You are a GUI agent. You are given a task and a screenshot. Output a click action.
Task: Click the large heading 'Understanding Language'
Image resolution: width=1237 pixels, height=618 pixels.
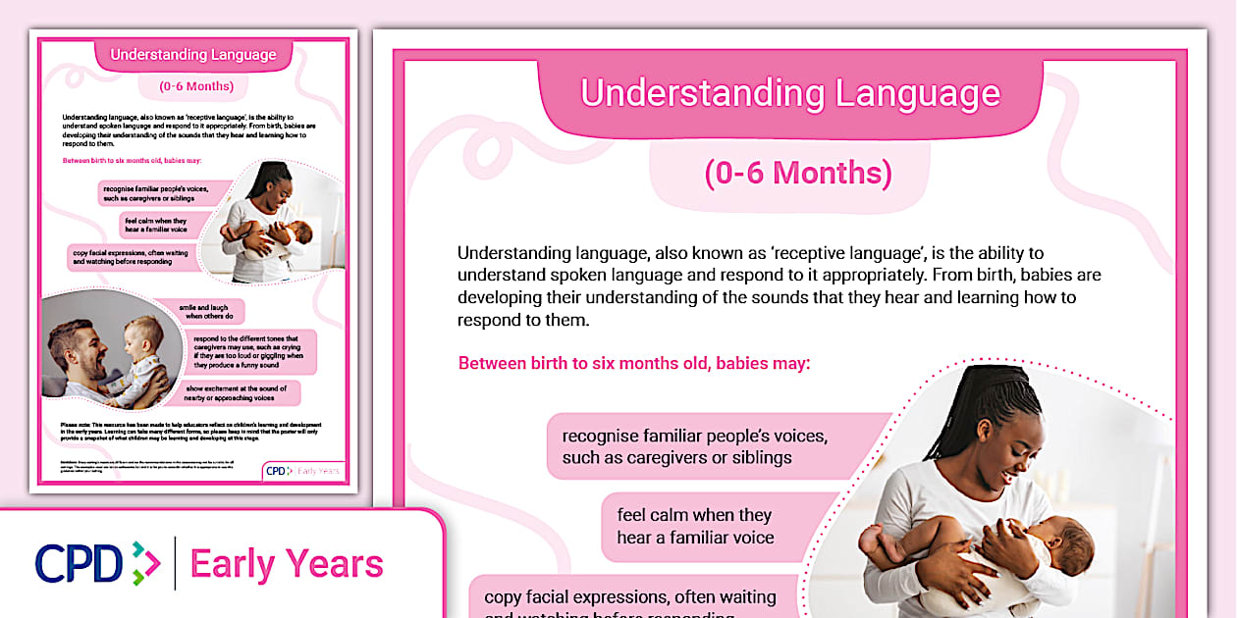pyautogui.click(x=790, y=93)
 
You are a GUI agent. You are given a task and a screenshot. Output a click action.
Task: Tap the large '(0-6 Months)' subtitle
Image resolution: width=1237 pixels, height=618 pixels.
pyautogui.click(x=797, y=173)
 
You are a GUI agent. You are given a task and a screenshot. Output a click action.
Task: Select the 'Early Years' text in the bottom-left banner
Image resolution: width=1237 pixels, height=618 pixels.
pyautogui.click(x=287, y=565)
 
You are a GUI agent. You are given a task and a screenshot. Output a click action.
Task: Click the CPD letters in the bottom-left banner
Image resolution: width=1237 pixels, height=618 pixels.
pyautogui.click(x=79, y=563)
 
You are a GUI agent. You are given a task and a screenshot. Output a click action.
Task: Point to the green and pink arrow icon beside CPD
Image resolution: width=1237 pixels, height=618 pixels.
pyautogui.click(x=145, y=563)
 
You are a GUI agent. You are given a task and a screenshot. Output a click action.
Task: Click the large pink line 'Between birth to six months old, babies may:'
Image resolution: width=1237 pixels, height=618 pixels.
pyautogui.click(x=634, y=363)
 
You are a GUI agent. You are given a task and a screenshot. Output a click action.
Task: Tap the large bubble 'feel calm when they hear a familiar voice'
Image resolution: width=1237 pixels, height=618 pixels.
pyautogui.click(x=695, y=527)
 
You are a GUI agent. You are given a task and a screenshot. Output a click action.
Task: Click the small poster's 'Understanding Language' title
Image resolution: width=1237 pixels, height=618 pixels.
pyautogui.click(x=192, y=55)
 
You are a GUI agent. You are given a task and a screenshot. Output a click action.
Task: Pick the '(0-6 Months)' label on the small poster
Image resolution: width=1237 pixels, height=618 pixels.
pyautogui.click(x=196, y=86)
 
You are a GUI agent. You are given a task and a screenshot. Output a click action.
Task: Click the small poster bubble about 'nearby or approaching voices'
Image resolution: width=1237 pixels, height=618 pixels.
pyautogui.click(x=242, y=393)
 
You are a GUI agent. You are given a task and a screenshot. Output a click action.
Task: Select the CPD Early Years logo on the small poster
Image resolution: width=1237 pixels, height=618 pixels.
pyautogui.click(x=303, y=471)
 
